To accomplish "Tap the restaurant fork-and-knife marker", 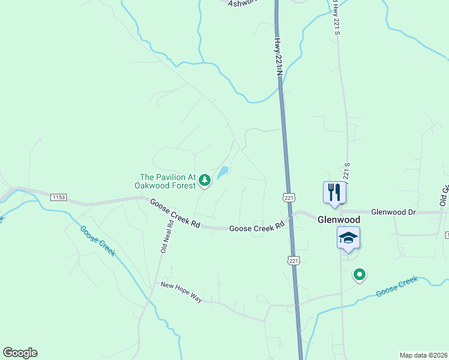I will (334, 192).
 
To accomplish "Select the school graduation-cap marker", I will (348, 238).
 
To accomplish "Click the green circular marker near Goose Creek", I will (360, 275).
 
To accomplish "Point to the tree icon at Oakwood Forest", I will (205, 179).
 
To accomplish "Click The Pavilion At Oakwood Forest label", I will (168, 181).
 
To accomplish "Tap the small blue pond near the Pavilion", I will (223, 173).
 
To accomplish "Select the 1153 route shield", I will (58, 197).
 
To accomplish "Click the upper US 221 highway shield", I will (289, 197).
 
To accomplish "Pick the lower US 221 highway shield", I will (293, 260).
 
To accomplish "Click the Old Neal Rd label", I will (166, 236).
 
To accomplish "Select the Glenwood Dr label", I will (393, 212).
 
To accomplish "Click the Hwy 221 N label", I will (278, 58).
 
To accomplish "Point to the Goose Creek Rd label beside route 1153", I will (175, 212).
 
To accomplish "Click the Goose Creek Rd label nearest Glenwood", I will (257, 228).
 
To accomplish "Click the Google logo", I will (20, 353).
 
